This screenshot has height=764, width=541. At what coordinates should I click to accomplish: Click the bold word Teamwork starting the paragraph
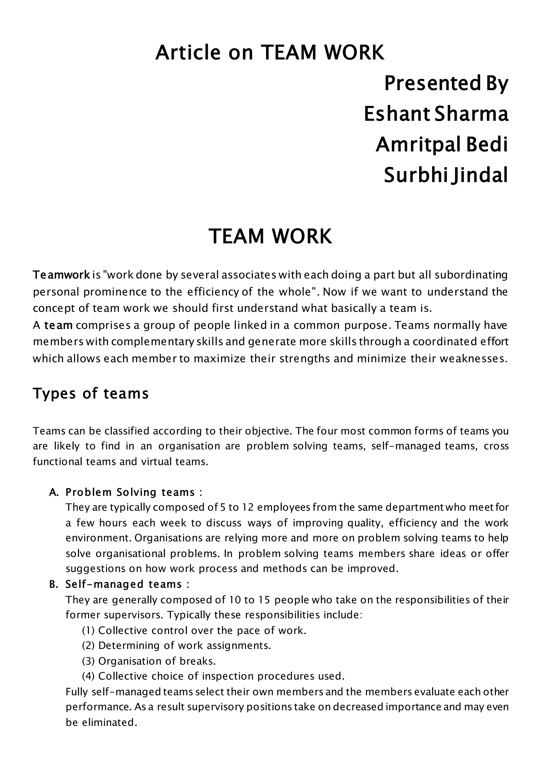pyautogui.click(x=61, y=275)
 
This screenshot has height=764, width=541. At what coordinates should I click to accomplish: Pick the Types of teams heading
pyautogui.click(x=91, y=393)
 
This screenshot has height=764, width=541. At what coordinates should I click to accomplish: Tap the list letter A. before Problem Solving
pyautogui.click(x=54, y=493)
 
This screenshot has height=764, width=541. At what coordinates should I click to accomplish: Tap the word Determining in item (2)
pyautogui.click(x=129, y=646)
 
